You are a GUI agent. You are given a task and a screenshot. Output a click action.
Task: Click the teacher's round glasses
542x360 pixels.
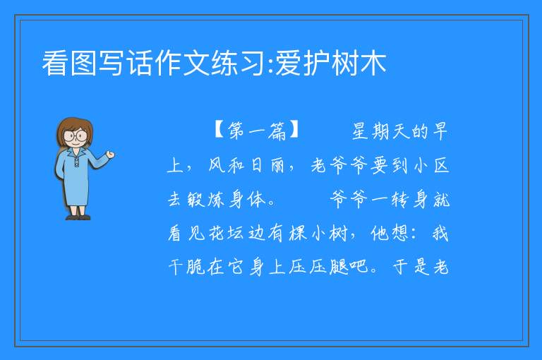75,136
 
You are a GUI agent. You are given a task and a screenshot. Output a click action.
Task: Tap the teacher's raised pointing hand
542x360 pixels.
110,155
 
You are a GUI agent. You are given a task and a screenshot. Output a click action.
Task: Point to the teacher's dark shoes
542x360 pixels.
78,217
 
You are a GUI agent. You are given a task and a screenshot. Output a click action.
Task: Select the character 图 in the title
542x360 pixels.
83,64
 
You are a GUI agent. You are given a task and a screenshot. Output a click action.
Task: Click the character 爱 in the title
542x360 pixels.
288,64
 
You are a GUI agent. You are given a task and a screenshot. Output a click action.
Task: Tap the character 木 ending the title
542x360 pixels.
373,64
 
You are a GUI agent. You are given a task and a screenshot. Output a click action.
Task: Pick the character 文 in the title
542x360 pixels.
197,64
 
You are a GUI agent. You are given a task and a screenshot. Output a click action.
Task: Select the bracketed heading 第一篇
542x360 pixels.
256,131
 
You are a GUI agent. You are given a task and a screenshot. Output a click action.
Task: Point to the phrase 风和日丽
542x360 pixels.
246,165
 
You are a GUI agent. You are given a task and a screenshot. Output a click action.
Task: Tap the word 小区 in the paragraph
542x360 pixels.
431,165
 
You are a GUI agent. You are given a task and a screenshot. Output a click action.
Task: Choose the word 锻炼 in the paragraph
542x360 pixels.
206,199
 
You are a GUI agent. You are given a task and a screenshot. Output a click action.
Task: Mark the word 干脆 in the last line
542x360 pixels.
186,267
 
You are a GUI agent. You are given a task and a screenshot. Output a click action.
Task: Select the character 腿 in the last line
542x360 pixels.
339,267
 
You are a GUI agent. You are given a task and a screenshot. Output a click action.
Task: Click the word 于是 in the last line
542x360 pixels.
411,267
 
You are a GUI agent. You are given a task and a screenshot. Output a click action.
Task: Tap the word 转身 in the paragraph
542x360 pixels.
410,199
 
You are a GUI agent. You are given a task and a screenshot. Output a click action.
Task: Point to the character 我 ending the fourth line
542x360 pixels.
440,233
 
